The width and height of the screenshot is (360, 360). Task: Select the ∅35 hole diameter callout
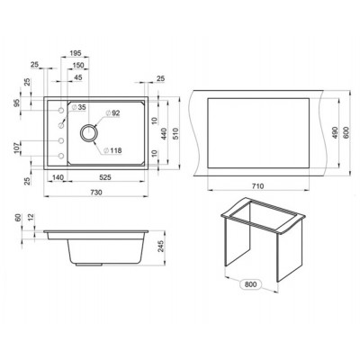click(x=79, y=108)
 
